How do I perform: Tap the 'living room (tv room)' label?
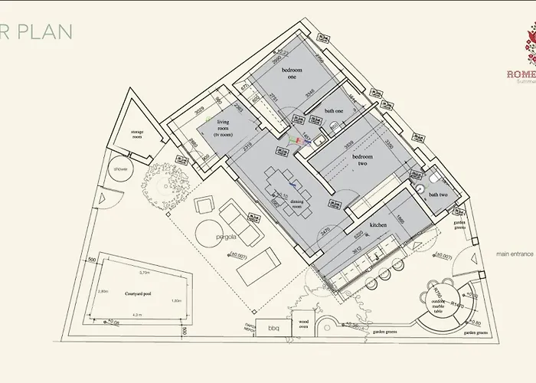tap(225, 128)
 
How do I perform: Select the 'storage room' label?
tap(137, 135)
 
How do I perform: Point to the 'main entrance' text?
tap(513, 254)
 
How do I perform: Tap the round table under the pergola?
tap(207, 232)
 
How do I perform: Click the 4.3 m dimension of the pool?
tap(136, 314)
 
